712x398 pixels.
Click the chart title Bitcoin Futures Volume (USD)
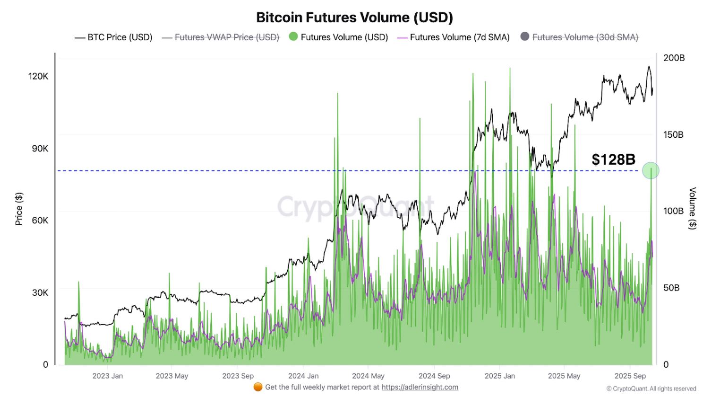(x=354, y=18)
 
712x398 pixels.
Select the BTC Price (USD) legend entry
(x=113, y=37)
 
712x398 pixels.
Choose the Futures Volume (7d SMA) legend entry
(x=454, y=37)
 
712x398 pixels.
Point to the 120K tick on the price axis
(x=38, y=76)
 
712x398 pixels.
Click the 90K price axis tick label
(x=40, y=149)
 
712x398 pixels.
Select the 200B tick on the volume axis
(x=674, y=58)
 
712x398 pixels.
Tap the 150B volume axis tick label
(x=673, y=135)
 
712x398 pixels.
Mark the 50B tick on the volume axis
(x=671, y=288)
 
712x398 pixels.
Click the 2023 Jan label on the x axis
(x=107, y=376)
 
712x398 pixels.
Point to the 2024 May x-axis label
(x=368, y=376)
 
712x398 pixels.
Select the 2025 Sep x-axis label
(x=630, y=376)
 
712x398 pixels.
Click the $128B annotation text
(x=613, y=159)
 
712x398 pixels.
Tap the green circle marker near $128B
(x=651, y=170)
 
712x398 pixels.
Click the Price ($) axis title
(x=19, y=209)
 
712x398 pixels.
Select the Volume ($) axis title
(x=692, y=208)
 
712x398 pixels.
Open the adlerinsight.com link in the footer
(x=420, y=387)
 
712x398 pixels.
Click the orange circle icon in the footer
(x=258, y=387)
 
